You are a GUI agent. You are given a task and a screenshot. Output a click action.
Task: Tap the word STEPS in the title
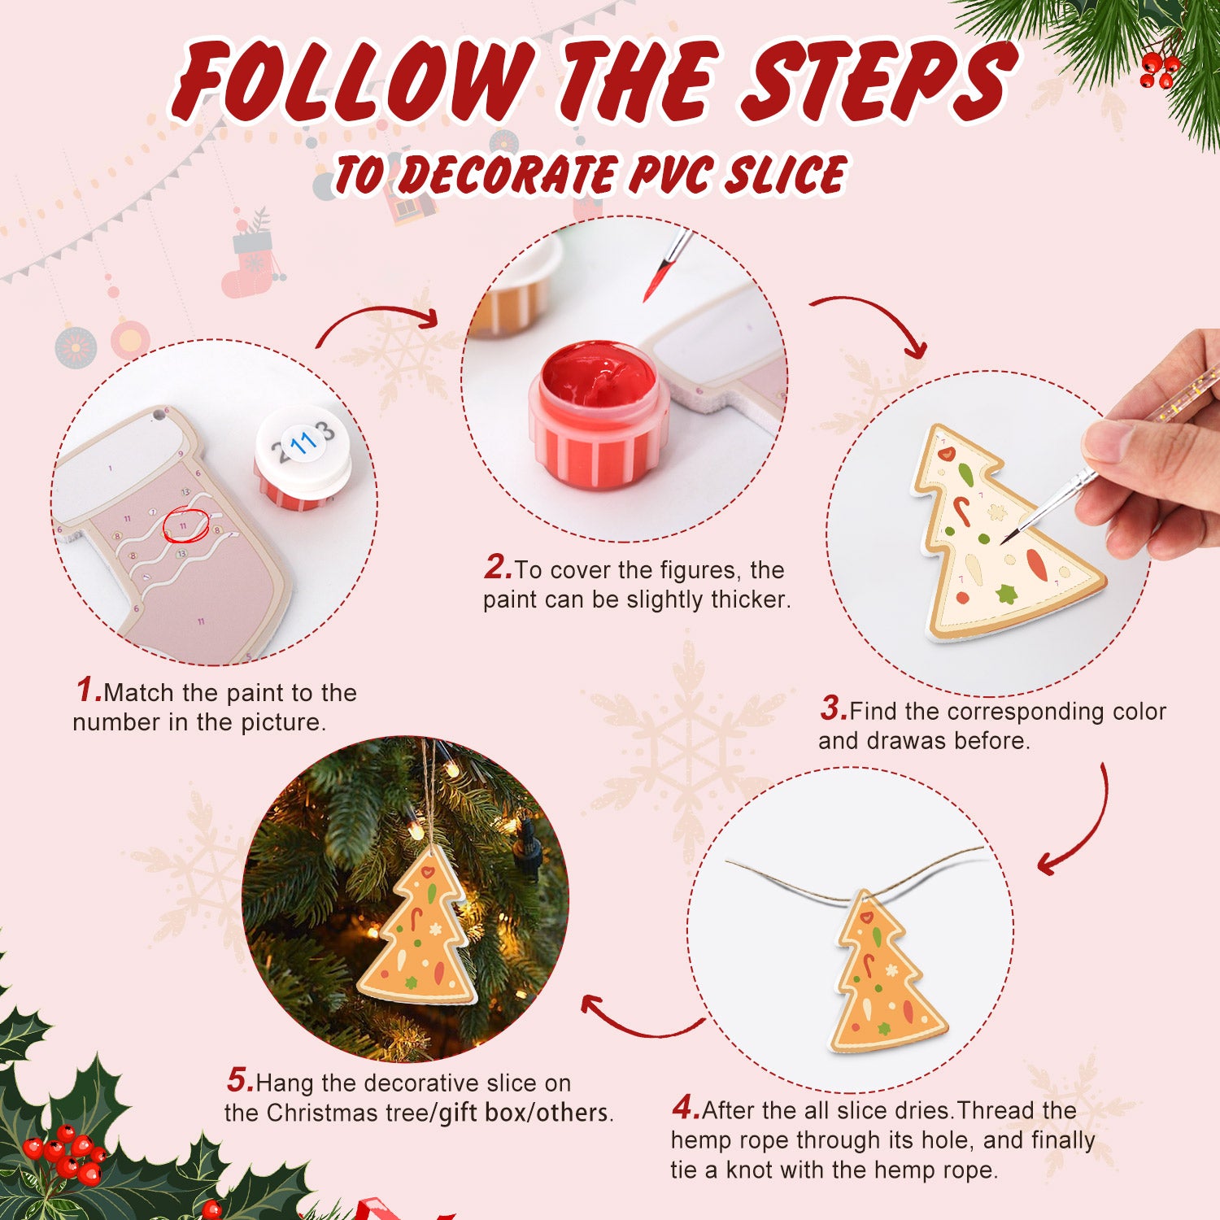[x=878, y=81]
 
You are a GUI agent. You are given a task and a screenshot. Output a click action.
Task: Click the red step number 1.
[x=88, y=691]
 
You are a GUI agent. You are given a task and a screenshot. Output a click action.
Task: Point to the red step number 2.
[x=498, y=568]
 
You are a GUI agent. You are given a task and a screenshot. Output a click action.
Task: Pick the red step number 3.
[x=833, y=708]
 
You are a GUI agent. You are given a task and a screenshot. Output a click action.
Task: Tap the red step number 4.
[x=686, y=1108]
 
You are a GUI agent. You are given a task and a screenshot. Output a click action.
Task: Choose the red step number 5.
[x=240, y=1081]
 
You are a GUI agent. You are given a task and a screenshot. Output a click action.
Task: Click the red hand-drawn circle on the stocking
[x=186, y=525]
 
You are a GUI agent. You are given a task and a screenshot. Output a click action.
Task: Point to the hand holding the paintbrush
[x=1155, y=455]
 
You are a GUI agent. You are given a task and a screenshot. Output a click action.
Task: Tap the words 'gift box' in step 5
[x=483, y=1113]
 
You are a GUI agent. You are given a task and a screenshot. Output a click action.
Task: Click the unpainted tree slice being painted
[x=1000, y=537]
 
